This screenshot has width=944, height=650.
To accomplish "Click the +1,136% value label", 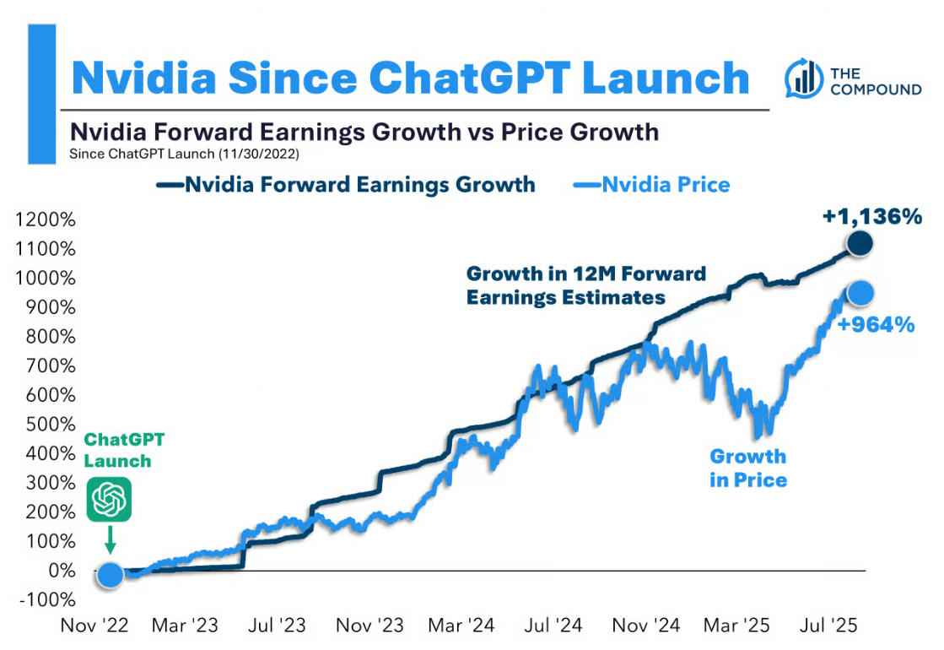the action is [871, 216].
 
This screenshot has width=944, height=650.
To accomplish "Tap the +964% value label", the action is [876, 325].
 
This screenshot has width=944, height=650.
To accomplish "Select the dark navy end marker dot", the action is [859, 243].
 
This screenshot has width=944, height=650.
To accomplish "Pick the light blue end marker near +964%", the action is [860, 294].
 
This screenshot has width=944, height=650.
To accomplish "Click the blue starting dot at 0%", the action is [110, 575].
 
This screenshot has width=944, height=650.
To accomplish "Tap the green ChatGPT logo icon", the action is [109, 500].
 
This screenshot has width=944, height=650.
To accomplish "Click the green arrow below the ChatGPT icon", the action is [110, 539].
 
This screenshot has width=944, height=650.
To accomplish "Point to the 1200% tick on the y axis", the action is [46, 219].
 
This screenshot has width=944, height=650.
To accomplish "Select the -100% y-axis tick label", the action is [47, 600].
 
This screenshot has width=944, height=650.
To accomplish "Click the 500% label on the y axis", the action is [51, 424].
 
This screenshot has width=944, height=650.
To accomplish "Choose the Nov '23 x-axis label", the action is [370, 626].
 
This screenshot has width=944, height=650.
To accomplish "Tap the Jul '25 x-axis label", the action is [828, 626].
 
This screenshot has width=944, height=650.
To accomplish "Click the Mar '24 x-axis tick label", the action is [461, 626].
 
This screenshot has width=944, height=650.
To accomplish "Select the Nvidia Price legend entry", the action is [652, 184].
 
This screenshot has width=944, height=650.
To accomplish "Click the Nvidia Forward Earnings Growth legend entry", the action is [346, 184].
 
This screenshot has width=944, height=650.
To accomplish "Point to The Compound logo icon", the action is [804, 79].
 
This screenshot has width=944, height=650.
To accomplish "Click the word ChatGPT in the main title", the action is [470, 79].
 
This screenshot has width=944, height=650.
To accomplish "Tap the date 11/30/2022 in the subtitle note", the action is [259, 154].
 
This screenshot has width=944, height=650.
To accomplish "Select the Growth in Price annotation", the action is [748, 468].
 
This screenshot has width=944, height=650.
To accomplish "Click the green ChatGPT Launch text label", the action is [124, 451].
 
